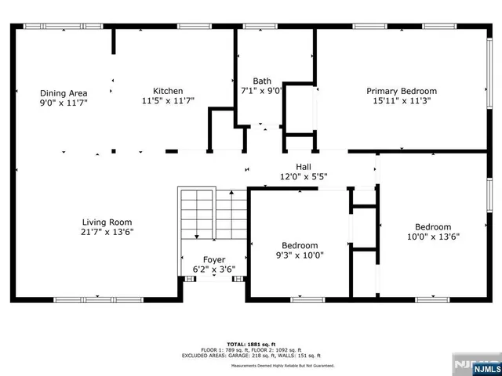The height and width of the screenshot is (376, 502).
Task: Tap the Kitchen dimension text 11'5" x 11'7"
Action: (x=168, y=100)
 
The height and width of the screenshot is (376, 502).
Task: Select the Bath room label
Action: (x=262, y=81)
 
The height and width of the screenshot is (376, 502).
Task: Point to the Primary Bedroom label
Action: (x=402, y=91)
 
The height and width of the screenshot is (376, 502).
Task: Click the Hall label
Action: (x=303, y=166)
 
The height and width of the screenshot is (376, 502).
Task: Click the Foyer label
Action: (x=214, y=259)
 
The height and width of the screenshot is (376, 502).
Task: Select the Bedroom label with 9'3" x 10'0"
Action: (x=300, y=245)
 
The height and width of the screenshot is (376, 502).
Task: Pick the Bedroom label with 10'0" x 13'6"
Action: (x=433, y=226)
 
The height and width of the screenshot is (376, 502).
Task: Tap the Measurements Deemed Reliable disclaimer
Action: (x=282, y=366)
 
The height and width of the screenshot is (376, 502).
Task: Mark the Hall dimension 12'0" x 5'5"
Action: (x=303, y=176)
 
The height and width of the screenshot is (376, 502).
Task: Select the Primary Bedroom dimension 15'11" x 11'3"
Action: (x=402, y=101)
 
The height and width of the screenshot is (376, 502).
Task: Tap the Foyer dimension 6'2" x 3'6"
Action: (x=214, y=269)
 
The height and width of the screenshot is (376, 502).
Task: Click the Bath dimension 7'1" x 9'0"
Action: (x=262, y=90)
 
